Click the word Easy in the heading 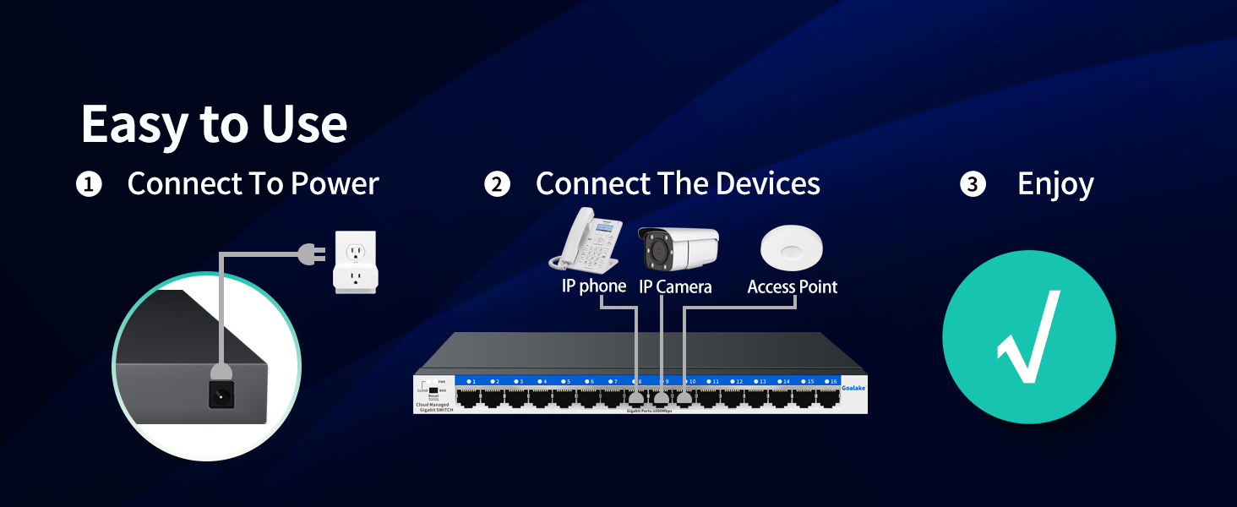coord(134,125)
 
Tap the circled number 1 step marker coord(89,185)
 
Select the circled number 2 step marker coord(498,185)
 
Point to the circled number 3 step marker coord(973,185)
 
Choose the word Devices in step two coord(768,184)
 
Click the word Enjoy coord(1055,185)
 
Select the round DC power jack coord(221,395)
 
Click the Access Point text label coord(793,287)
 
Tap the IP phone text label coord(594,286)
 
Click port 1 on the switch coord(468,398)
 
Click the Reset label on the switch coord(433,395)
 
